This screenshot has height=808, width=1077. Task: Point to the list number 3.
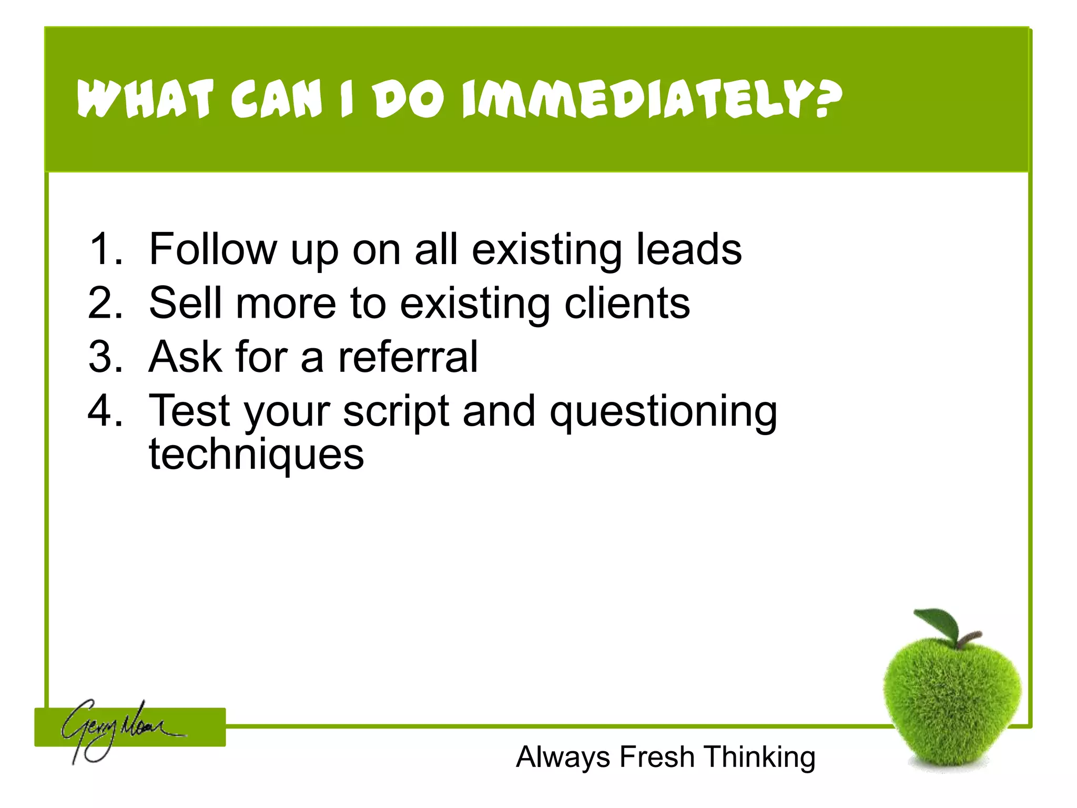tap(105, 357)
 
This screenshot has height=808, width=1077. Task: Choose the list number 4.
tap(105, 411)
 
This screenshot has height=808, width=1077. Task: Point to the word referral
tap(408, 357)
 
